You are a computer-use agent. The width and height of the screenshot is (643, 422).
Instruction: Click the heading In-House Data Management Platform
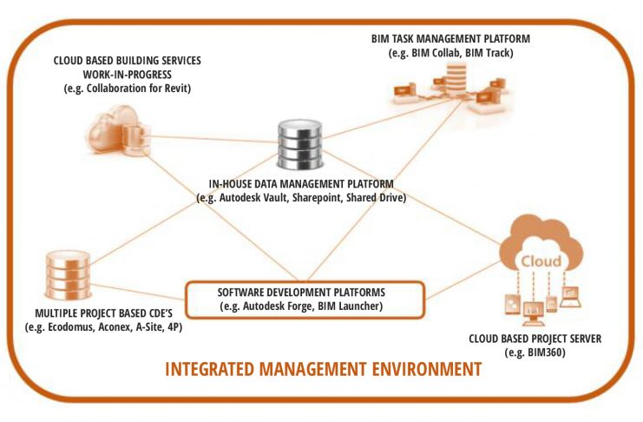click(301, 184)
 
